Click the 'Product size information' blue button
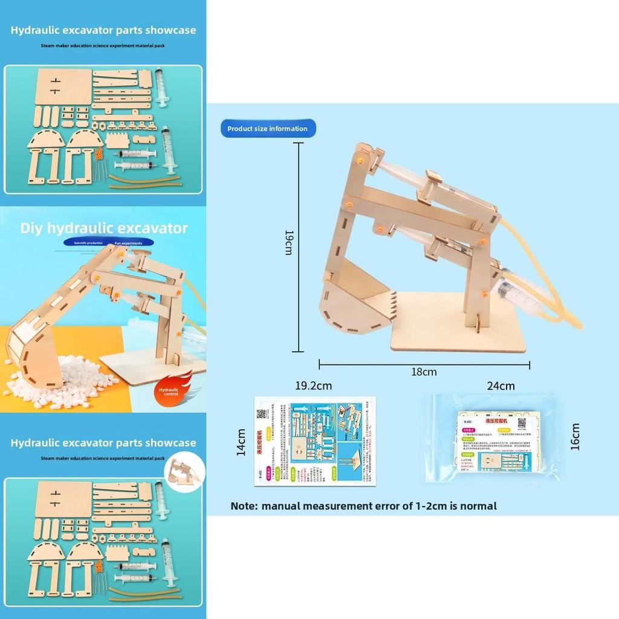(x=267, y=129)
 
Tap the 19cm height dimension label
(x=288, y=242)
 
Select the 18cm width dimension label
(x=424, y=372)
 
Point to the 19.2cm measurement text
(x=313, y=386)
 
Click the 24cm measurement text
(x=501, y=386)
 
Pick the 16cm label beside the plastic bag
(x=575, y=436)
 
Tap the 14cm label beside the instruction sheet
(x=241, y=442)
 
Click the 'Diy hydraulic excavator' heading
(x=104, y=228)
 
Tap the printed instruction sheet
(x=314, y=441)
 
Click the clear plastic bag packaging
(x=493, y=438)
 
